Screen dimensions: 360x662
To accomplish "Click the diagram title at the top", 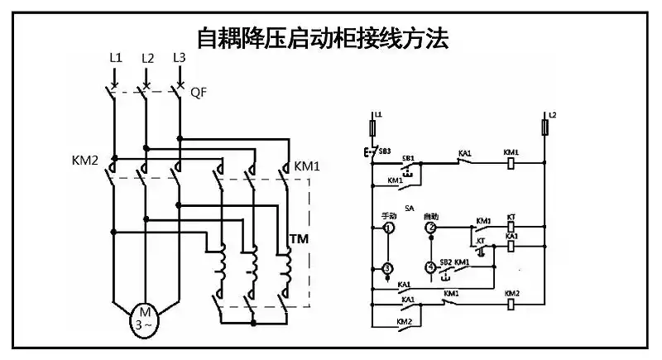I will tap(322, 37).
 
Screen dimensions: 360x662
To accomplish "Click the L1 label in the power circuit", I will tap(115, 58).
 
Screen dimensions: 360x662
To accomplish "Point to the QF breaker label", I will tap(199, 93).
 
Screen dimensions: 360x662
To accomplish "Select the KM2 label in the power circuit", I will tap(85, 157).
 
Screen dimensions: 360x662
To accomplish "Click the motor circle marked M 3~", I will tap(145, 317).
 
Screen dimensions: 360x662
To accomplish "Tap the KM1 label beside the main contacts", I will tap(307, 166).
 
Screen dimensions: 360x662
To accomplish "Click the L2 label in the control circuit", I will tap(552, 113).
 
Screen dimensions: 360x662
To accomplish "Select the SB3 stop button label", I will tap(385, 151).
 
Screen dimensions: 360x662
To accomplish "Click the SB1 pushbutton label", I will tap(408, 157).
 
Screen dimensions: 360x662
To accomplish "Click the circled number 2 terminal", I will tap(430, 228).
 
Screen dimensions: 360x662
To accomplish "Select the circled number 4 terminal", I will tap(430, 267).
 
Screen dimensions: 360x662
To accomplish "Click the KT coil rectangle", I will tap(511, 225).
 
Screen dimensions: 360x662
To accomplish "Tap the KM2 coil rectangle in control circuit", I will tap(511, 304).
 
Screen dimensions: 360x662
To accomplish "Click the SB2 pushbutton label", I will tap(445, 262).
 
